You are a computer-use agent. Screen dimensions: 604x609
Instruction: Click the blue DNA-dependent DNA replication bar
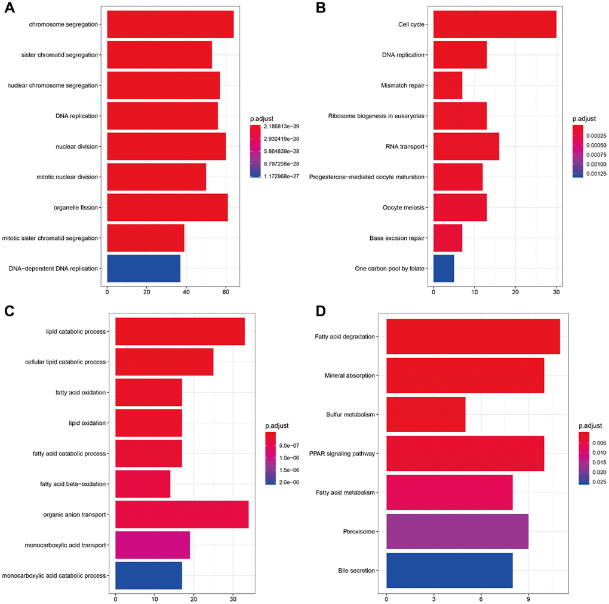143,269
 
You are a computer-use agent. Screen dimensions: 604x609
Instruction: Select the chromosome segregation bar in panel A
170,24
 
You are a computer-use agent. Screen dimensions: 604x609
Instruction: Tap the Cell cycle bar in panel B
494,24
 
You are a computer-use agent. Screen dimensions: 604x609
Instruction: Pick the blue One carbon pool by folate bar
444,269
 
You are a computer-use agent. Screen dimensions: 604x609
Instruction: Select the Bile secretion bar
450,571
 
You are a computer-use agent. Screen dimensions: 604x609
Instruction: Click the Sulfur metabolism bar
426,414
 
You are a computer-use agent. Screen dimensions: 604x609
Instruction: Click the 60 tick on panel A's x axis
226,292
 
